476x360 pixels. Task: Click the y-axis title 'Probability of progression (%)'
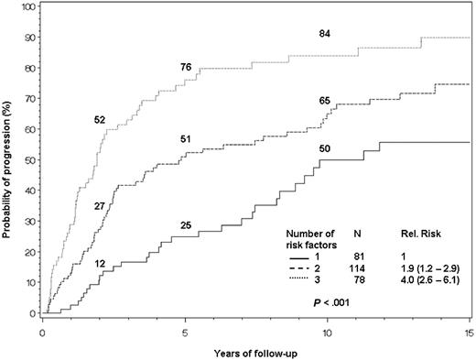8,158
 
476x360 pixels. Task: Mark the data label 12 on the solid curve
100,264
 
